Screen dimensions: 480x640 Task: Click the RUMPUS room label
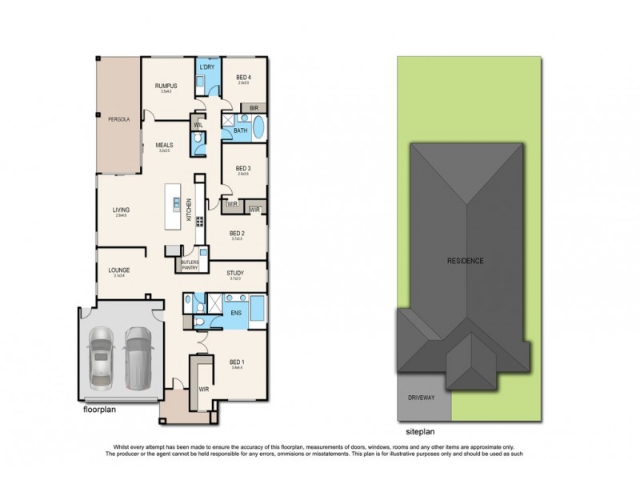(x=166, y=86)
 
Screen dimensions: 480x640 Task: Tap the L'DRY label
(x=208, y=67)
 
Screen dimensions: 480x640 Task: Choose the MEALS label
(x=166, y=145)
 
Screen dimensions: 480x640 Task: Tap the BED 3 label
(x=243, y=168)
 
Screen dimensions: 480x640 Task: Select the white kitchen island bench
(x=170, y=207)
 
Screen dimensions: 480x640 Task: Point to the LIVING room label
(x=122, y=210)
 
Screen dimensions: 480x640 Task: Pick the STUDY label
(x=235, y=274)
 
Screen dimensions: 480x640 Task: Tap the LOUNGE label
(x=119, y=270)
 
